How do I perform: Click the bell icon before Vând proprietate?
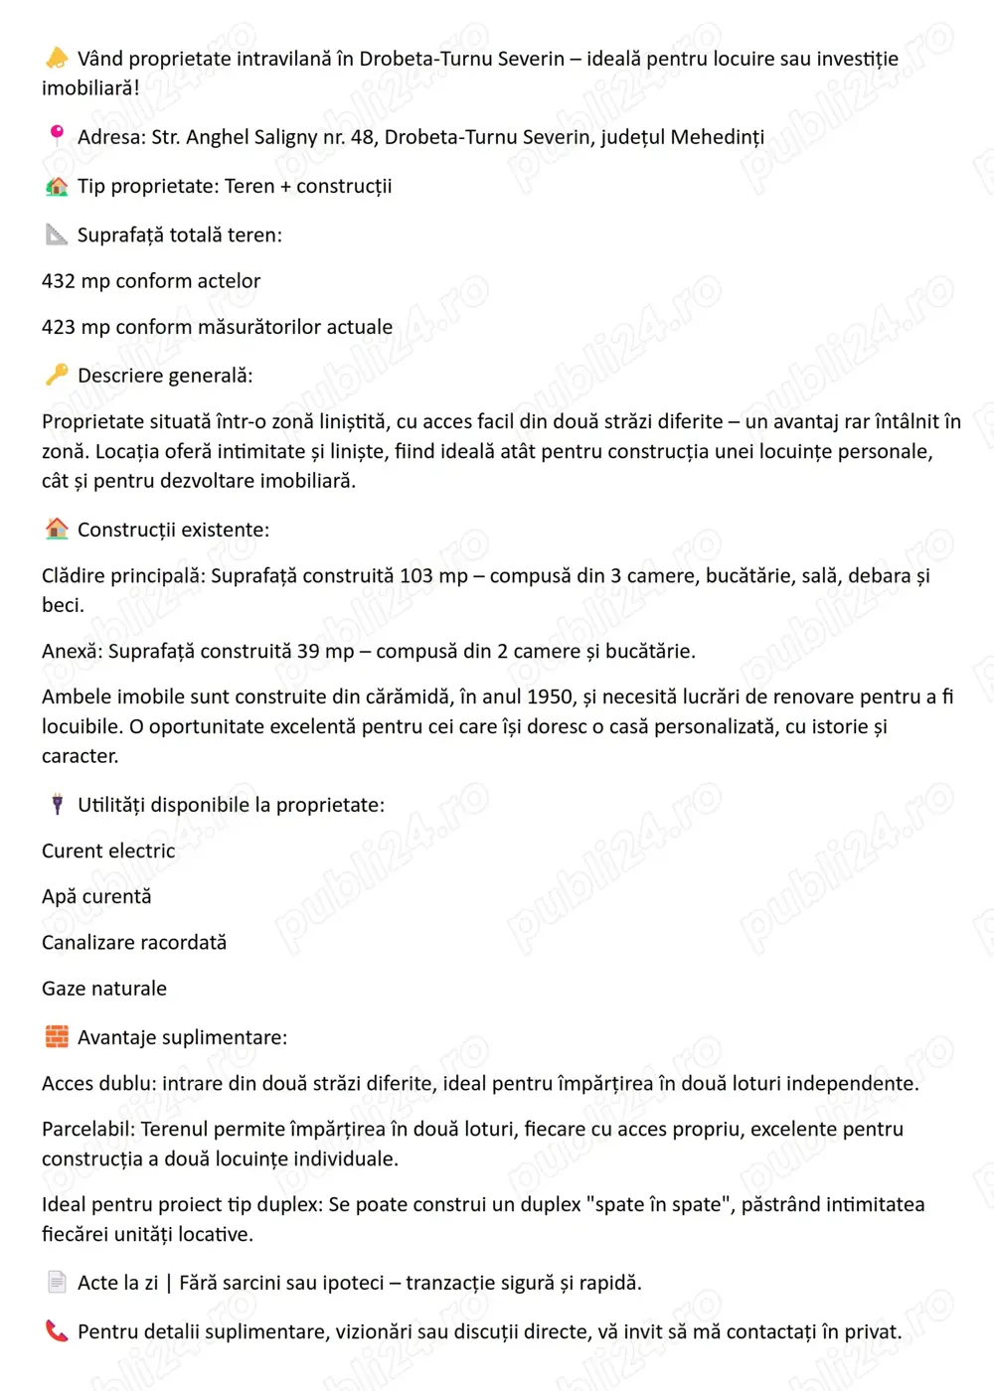(57, 59)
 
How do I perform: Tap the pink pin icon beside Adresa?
(57, 135)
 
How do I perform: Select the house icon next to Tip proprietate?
(57, 186)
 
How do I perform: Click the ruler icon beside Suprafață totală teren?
(57, 234)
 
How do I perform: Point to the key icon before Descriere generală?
(57, 375)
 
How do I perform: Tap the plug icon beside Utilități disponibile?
(57, 804)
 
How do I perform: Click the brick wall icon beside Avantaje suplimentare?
(57, 1036)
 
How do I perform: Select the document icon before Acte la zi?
(57, 1282)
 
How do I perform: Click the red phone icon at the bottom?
(57, 1330)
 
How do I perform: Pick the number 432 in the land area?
(59, 281)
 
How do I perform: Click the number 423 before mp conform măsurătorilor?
(59, 327)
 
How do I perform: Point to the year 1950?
(550, 696)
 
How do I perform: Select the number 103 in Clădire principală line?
(416, 575)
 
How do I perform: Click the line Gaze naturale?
(104, 989)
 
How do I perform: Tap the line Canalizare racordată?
(134, 942)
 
